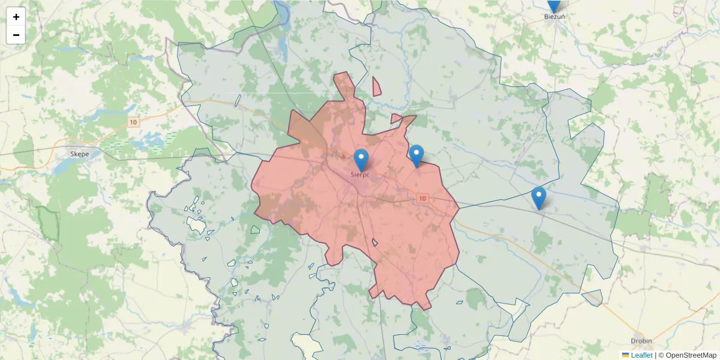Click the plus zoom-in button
16,17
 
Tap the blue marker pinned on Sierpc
361,160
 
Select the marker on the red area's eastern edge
416,155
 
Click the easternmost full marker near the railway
539,197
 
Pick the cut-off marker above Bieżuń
554,5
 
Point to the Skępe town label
79,154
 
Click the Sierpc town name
361,175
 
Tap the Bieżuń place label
554,17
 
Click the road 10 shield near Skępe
133,122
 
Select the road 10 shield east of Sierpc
423,198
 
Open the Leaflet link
641,355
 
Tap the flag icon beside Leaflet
625,355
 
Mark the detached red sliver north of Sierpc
376,88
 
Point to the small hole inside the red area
375,243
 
